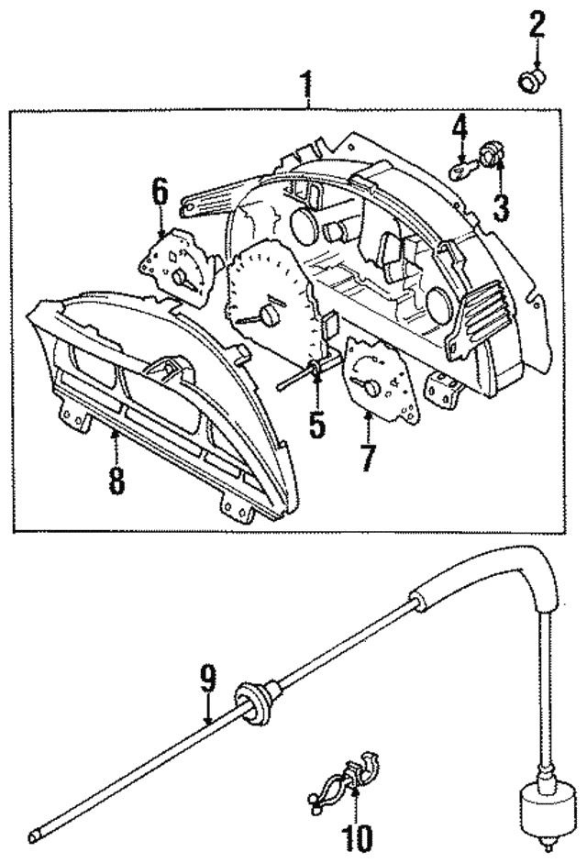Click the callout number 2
pyautogui.click(x=536, y=26)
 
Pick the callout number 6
pyautogui.click(x=161, y=193)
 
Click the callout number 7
pyautogui.click(x=368, y=456)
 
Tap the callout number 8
pyautogui.click(x=116, y=479)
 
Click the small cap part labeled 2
pyautogui.click(x=529, y=83)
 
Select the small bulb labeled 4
pyautogui.click(x=464, y=170)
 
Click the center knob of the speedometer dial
pyautogui.click(x=269, y=315)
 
